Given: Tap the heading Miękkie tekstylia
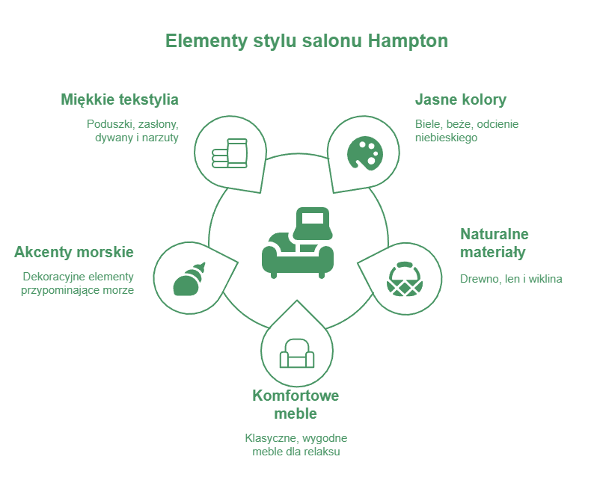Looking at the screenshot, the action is [x=120, y=99].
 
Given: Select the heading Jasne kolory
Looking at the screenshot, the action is [x=461, y=99].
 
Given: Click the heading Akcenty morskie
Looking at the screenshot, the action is [x=74, y=252].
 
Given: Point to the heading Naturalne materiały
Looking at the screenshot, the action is [x=495, y=243].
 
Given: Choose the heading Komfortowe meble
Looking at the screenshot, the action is [x=296, y=405].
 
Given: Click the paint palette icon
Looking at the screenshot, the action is [x=365, y=153].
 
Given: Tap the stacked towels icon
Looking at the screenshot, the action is [x=230, y=153].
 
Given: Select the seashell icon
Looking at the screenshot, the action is [x=189, y=280].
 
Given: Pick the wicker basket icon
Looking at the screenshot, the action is [x=405, y=279].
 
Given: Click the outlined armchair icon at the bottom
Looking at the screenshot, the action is [x=297, y=353].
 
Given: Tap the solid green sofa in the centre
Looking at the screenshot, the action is [x=297, y=243].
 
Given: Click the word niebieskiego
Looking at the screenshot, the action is [x=446, y=138].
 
